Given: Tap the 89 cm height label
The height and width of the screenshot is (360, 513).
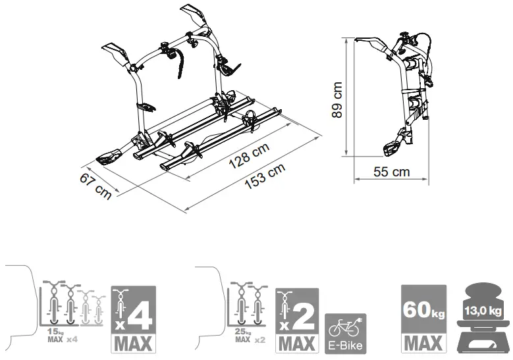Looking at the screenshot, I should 337,100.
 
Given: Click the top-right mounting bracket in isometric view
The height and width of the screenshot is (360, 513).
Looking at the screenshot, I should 192,16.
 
